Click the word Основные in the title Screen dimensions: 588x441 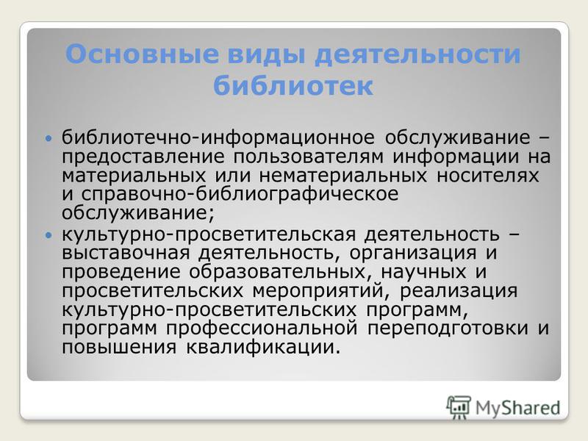point(142,54)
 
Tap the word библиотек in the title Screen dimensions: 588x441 point(293,86)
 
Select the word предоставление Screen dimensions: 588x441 point(143,157)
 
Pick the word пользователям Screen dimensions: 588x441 point(309,157)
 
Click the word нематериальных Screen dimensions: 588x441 point(343,176)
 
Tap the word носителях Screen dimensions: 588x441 point(487,176)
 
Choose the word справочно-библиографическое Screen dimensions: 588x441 point(240,195)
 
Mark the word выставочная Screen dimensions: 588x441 point(126,253)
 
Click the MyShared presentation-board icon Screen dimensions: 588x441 point(459,407)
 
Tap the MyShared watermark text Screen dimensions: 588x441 point(518,408)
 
